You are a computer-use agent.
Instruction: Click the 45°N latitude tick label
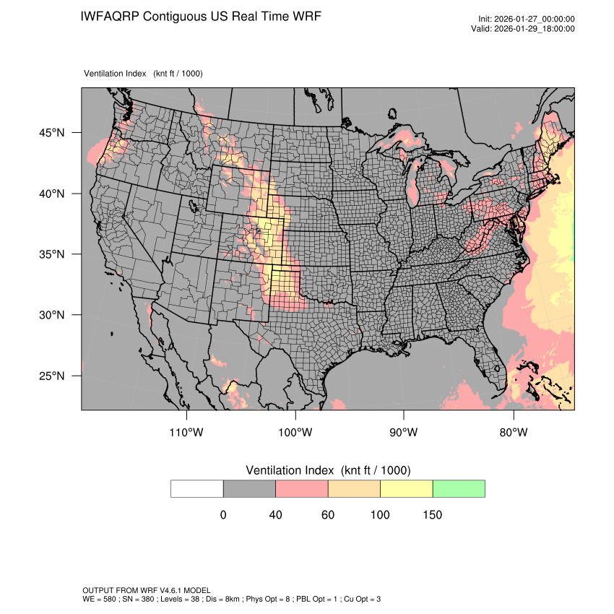(52, 133)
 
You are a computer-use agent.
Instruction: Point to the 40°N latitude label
(52, 194)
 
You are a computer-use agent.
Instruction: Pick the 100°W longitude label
(295, 433)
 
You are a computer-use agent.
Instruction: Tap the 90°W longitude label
(404, 433)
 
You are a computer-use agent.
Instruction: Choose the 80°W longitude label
(513, 433)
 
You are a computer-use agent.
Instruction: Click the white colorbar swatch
(197, 489)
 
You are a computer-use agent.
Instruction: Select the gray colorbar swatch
(249, 489)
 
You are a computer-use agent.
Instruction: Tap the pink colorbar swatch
(302, 489)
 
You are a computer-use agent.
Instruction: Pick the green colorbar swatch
(459, 489)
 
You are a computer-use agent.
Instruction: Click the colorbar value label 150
(432, 515)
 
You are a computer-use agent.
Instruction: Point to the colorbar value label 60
(328, 515)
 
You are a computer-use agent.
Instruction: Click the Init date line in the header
(526, 20)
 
